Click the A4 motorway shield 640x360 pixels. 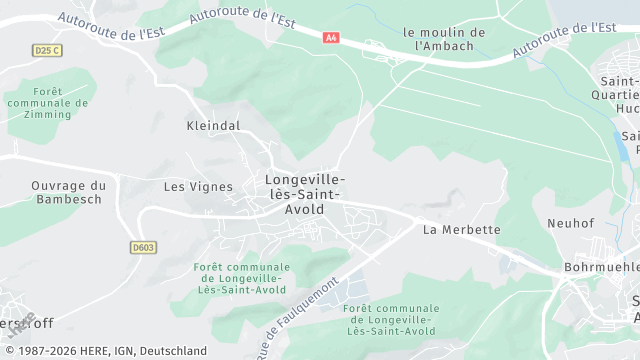point(331,37)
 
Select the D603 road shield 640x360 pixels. point(143,247)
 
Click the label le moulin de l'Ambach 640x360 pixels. point(443,39)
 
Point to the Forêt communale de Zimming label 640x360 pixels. point(38,102)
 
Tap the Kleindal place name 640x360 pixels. point(213,127)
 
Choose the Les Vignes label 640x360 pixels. point(198,187)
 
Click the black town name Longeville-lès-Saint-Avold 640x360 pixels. point(305,194)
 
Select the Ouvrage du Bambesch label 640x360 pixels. point(68,192)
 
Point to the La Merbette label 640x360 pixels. point(461,230)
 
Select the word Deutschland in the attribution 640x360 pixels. point(171,351)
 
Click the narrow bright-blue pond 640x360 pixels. point(622,146)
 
